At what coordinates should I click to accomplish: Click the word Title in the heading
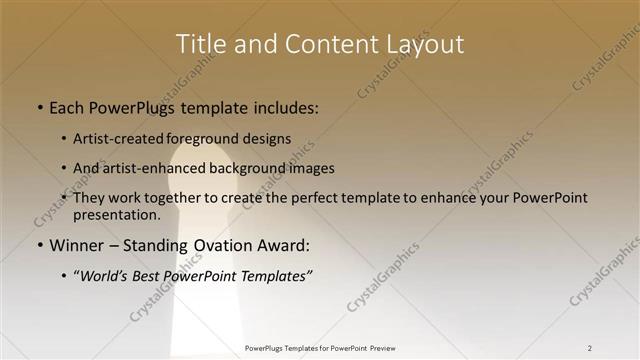(x=199, y=44)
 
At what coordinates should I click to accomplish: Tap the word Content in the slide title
(x=325, y=44)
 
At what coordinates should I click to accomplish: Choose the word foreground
(x=209, y=138)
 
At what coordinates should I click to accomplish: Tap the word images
(x=307, y=168)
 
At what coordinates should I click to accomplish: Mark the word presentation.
(x=116, y=214)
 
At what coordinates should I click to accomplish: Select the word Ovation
(x=219, y=245)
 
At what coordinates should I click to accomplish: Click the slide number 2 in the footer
(x=590, y=348)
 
